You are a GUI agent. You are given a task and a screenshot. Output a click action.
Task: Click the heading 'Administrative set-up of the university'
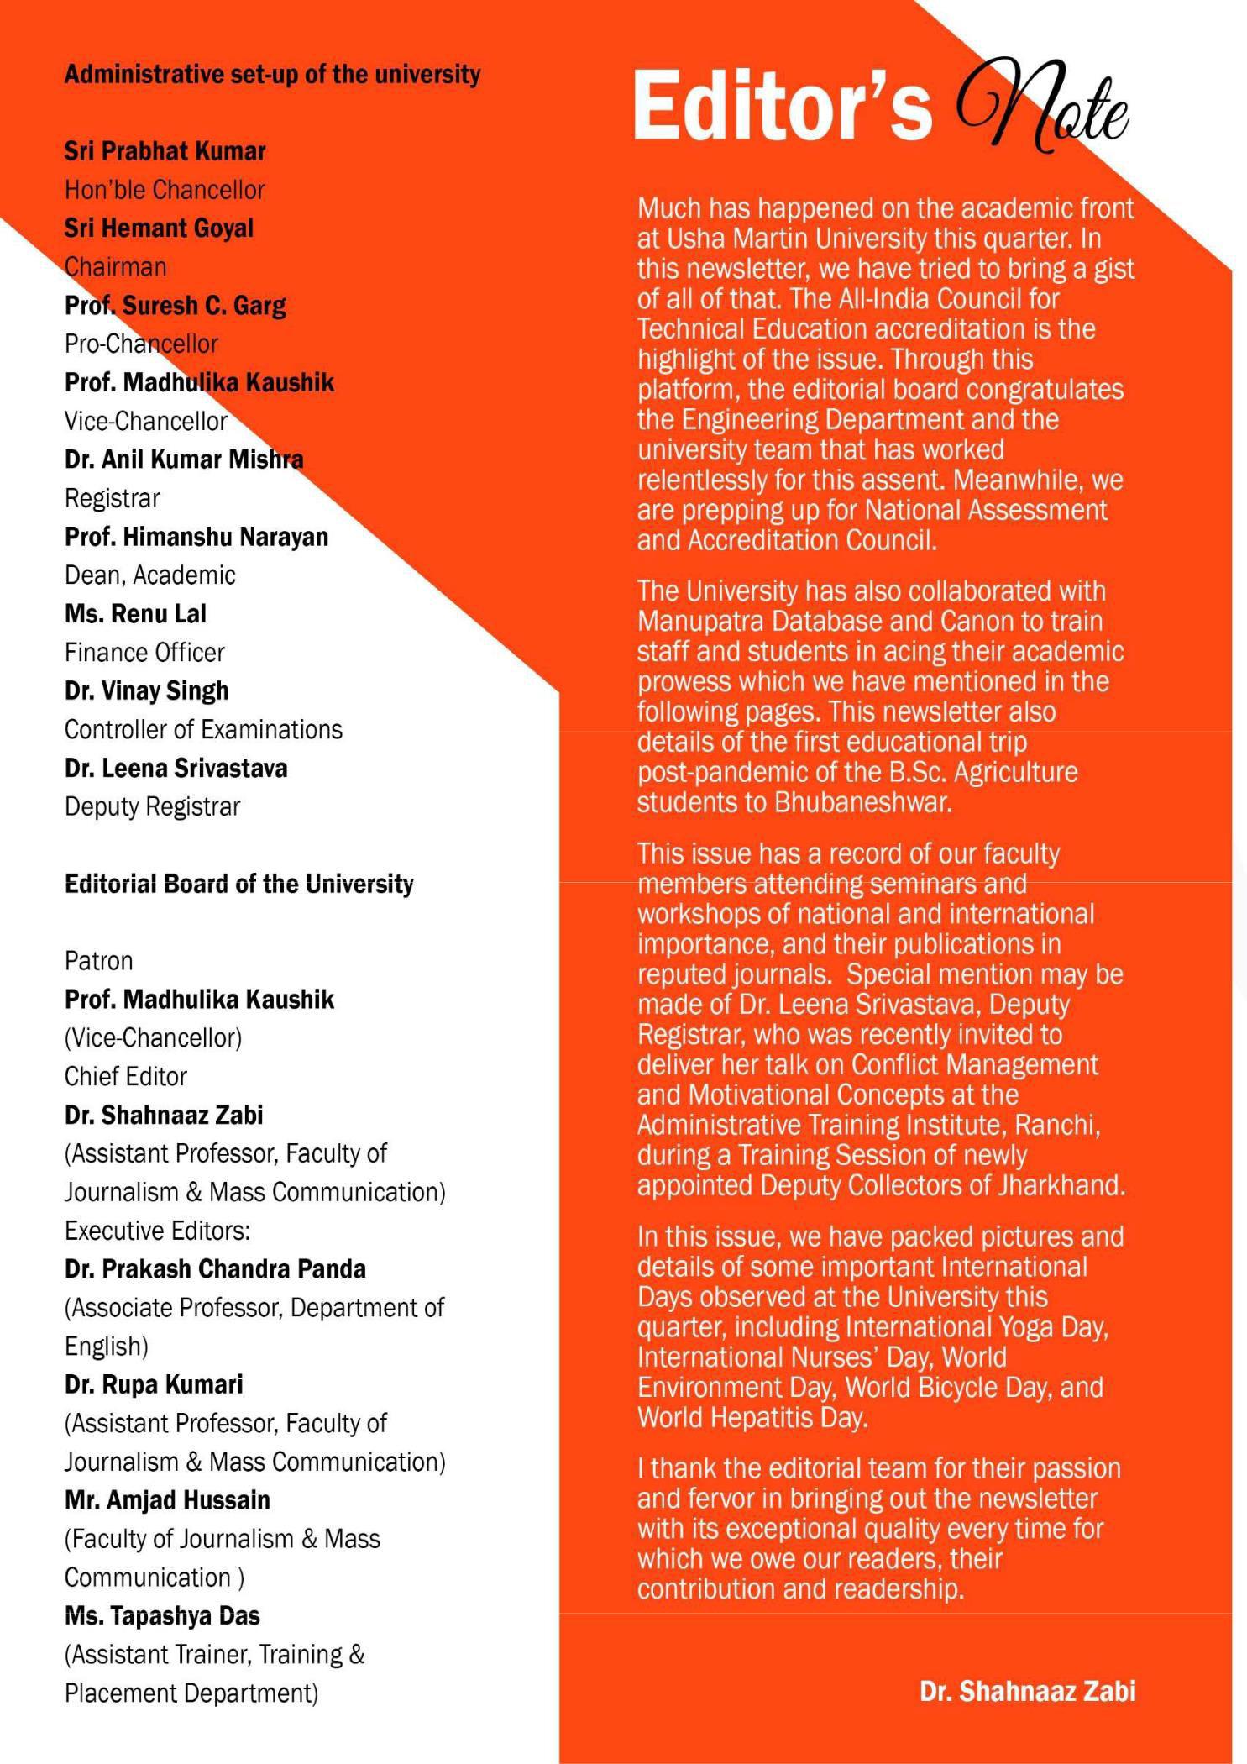[x=272, y=75]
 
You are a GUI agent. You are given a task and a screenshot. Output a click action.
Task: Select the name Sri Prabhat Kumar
[x=165, y=151]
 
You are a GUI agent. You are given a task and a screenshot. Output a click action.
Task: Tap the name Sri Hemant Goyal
[x=159, y=228]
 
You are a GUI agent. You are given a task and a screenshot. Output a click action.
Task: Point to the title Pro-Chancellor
[x=141, y=344]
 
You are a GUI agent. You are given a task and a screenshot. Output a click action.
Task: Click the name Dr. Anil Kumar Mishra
[x=184, y=459]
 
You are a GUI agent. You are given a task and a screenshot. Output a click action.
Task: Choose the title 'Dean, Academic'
[x=149, y=575]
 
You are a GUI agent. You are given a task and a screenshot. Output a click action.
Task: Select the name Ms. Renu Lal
[x=135, y=614]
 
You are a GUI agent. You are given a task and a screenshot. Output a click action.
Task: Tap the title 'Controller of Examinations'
[x=203, y=729]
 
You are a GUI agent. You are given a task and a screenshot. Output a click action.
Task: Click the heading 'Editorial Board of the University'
[x=238, y=884]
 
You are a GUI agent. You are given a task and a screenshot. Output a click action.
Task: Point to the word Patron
[x=98, y=961]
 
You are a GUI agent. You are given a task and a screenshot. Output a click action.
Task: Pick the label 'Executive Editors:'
[x=157, y=1231]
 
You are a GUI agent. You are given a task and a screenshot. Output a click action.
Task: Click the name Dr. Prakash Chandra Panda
[x=215, y=1269]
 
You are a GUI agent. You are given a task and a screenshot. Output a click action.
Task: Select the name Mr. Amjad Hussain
[x=167, y=1500]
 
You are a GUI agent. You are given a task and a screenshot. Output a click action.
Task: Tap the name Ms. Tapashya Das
[x=162, y=1616]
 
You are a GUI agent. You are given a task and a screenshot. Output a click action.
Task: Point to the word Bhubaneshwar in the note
[x=863, y=802]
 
